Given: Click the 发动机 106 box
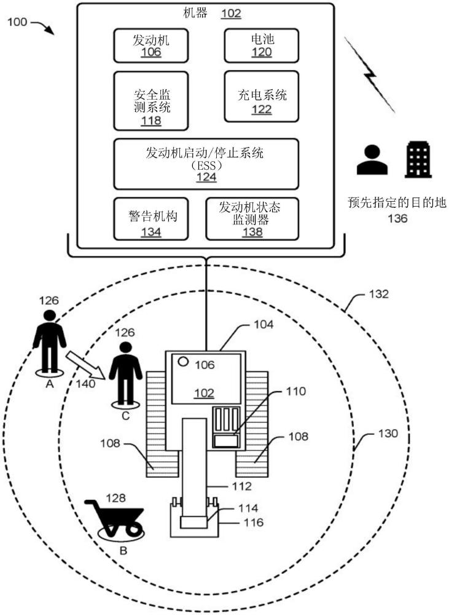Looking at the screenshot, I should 151,46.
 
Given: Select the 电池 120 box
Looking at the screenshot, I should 262,46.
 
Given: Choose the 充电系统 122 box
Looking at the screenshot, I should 262,96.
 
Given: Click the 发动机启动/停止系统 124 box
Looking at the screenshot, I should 206,164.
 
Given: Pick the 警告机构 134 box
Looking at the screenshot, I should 151,218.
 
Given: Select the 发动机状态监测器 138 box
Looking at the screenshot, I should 252,218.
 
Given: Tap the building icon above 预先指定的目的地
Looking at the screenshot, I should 417,159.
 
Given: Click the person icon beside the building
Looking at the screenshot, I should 372,160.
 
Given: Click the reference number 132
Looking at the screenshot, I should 379,295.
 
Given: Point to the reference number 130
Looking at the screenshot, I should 388,434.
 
